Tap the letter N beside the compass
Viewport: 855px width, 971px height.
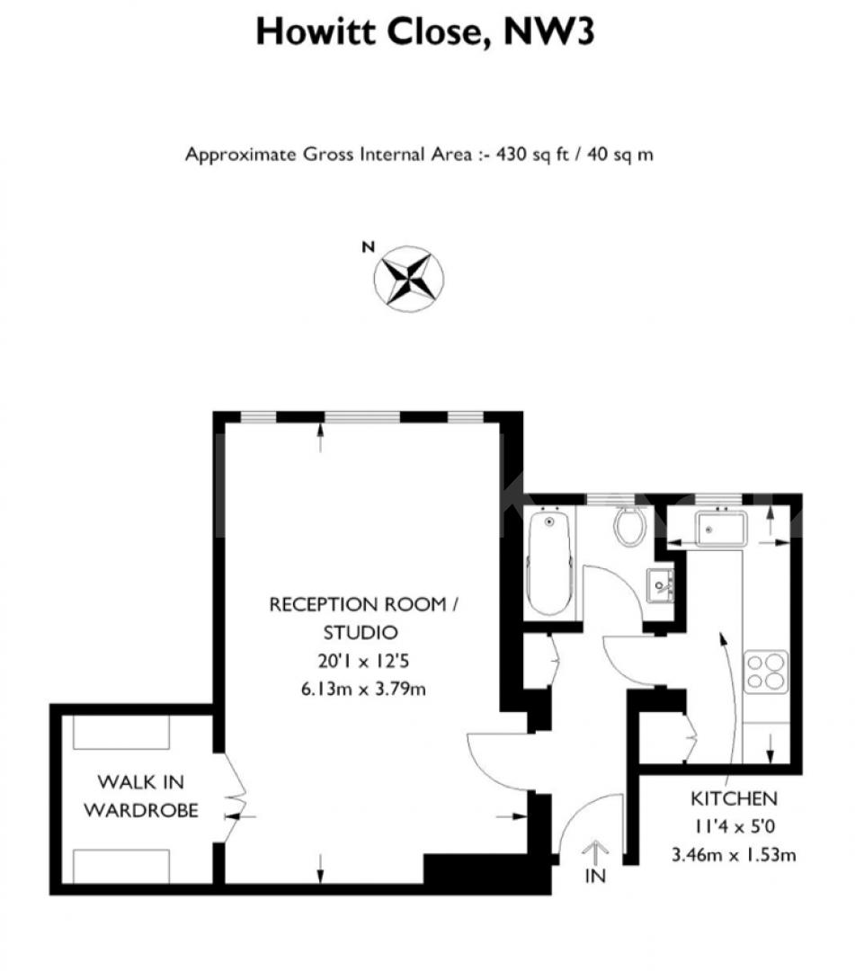click(x=369, y=247)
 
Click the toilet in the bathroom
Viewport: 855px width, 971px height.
click(x=630, y=525)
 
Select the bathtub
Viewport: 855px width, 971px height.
click(x=550, y=561)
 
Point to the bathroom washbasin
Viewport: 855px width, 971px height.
click(x=660, y=584)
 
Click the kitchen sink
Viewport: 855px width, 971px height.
click(x=721, y=529)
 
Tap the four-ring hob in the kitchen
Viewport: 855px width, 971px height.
click(x=766, y=672)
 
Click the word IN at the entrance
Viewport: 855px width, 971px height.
click(x=595, y=876)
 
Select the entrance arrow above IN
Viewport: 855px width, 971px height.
click(x=595, y=852)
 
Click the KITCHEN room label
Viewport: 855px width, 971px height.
click(x=734, y=798)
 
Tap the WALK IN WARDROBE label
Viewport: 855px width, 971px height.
click(x=141, y=797)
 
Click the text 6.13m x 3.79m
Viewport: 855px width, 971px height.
click(x=363, y=689)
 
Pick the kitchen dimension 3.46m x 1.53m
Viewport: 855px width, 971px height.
click(x=734, y=855)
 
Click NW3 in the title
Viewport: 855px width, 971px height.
click(x=549, y=31)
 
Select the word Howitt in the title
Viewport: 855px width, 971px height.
click(x=316, y=31)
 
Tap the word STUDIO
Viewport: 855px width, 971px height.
click(x=361, y=632)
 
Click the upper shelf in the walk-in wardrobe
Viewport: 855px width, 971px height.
click(x=121, y=733)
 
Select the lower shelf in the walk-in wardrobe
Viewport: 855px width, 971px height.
click(x=121, y=867)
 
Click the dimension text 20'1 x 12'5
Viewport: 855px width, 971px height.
click(x=363, y=661)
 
